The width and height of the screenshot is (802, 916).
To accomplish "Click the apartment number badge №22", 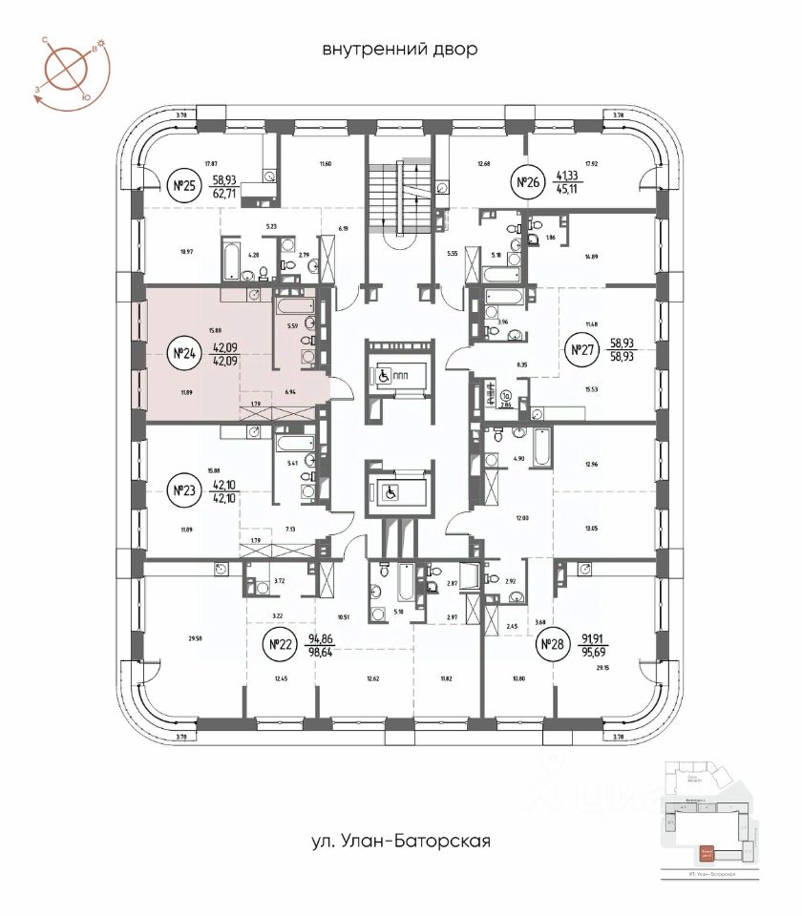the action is click(281, 646).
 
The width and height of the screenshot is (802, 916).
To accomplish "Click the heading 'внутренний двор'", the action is click(400, 49).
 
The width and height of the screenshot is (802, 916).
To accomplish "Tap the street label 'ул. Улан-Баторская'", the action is click(400, 842).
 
